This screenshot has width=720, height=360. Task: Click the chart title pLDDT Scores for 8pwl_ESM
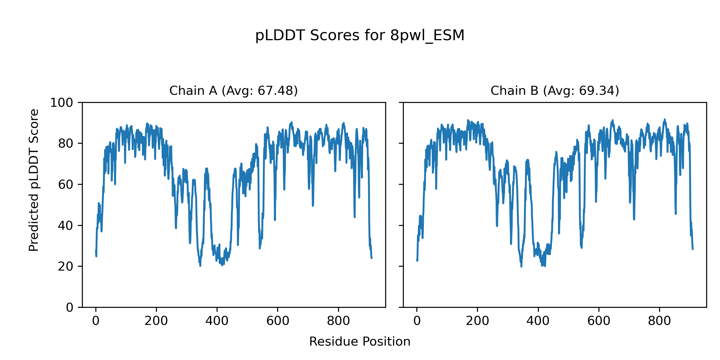pos(360,36)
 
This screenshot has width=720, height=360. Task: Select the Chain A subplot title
pos(233,91)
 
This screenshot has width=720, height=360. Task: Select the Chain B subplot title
pos(555,91)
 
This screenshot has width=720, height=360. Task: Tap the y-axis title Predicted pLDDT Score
pos(34,180)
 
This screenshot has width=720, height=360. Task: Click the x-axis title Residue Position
pos(360,342)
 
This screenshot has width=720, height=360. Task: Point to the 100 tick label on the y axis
pos(61,103)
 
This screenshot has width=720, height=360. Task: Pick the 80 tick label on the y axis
pos(65,144)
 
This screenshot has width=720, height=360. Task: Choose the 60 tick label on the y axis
pos(65,184)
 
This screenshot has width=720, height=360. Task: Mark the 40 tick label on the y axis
pos(65,226)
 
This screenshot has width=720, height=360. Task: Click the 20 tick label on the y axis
pos(65,266)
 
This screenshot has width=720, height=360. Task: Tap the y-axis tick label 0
pos(70,307)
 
